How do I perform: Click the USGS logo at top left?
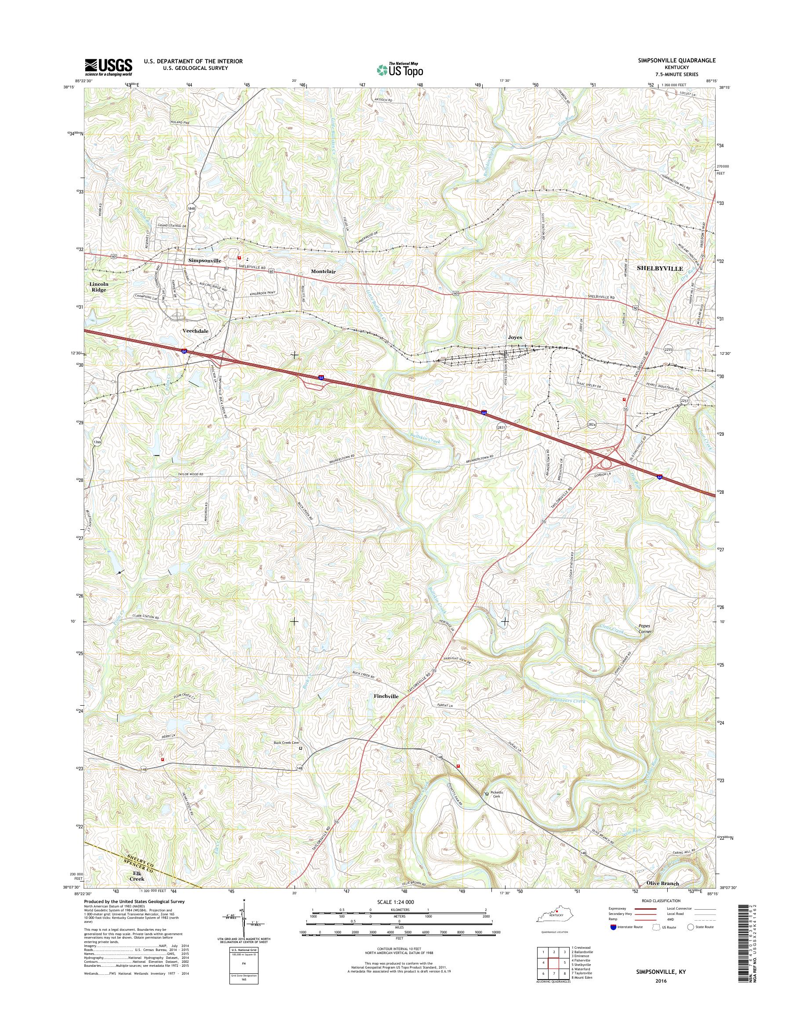tap(108, 67)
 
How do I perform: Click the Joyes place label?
tap(514, 337)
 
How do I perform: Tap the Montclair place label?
tap(323, 271)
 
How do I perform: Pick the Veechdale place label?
tap(195, 331)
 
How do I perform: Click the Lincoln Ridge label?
tap(99, 287)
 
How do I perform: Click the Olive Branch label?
tap(662, 883)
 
